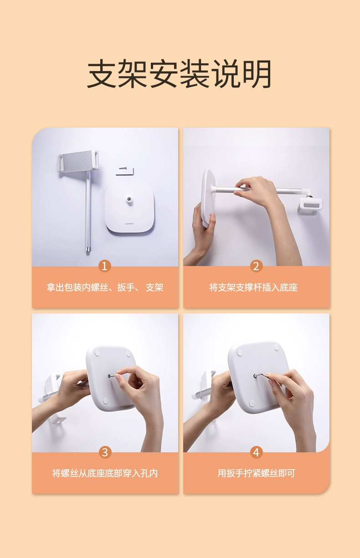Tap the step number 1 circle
105,266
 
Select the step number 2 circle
256,266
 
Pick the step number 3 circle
105,452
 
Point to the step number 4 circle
256,452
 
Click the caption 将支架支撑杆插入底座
253,287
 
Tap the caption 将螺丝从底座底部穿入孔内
105,473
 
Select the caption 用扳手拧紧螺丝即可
256,473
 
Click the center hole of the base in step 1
129,199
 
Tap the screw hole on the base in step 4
255,376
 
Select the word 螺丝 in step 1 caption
100,287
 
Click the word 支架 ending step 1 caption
154,287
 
